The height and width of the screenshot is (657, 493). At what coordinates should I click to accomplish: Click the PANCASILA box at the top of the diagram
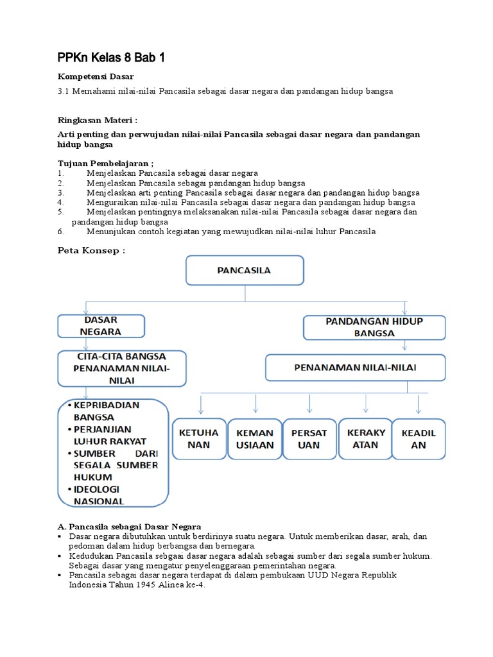click(245, 270)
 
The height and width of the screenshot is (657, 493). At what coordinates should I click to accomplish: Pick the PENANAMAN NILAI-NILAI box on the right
click(355, 368)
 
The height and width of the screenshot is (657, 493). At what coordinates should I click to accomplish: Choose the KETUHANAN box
click(198, 439)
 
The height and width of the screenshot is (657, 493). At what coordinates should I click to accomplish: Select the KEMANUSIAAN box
click(255, 439)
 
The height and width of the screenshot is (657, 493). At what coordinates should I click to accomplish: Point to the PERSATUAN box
click(309, 439)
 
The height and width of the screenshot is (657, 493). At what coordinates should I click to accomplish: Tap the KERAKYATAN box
click(365, 438)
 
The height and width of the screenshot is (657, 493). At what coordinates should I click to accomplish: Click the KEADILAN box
click(419, 439)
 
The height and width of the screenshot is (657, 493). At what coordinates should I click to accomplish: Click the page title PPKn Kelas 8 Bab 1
click(111, 58)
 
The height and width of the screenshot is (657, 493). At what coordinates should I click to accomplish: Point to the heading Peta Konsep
click(91, 251)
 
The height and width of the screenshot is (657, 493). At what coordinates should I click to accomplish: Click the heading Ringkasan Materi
click(98, 120)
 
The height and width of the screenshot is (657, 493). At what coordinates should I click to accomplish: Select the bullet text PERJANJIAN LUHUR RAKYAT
click(110, 435)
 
